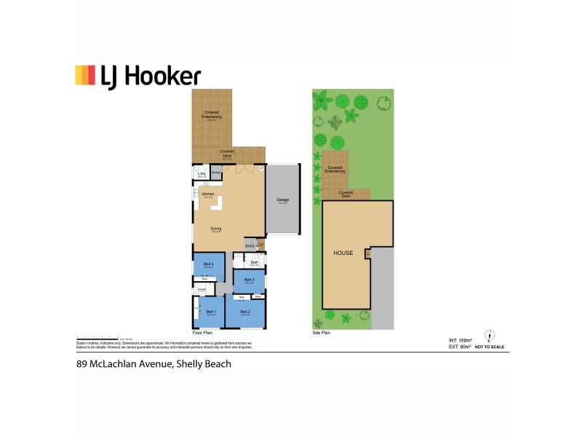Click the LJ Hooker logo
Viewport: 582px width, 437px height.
[x=137, y=76]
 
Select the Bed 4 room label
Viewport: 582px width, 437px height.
[x=208, y=263]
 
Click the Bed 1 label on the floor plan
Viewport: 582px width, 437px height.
[x=211, y=311]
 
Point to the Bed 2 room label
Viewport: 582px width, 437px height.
[x=244, y=311]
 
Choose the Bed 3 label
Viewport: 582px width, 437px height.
[x=249, y=279]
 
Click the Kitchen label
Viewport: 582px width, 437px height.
[x=208, y=194]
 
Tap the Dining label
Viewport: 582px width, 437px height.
[x=216, y=229]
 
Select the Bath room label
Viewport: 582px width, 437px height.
[x=255, y=262]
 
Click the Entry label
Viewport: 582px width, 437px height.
[x=250, y=245]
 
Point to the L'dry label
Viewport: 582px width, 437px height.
[x=202, y=173]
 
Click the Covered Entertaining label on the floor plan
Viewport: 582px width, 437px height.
[x=212, y=114]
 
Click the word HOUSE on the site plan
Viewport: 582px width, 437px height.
[x=343, y=253]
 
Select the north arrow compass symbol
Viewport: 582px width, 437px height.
[x=490, y=336]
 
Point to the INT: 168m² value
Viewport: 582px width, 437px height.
[x=461, y=340]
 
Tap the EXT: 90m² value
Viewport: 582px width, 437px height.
[x=460, y=347]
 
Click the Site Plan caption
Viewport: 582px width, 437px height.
[x=322, y=332]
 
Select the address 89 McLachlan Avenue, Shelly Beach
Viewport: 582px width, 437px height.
[x=154, y=363]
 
